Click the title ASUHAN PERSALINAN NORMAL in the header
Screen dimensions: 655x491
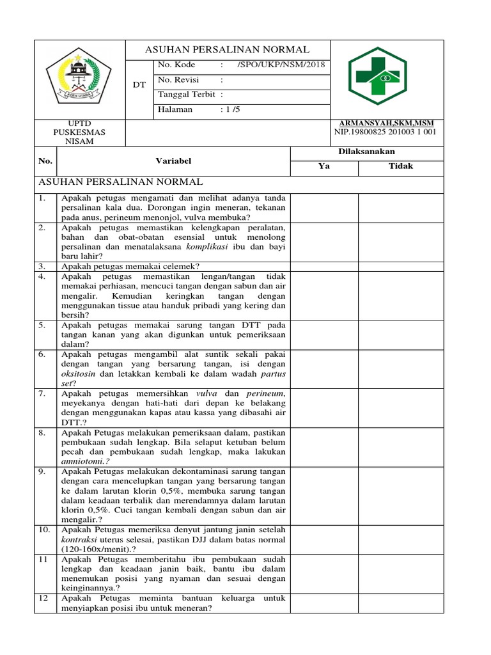(x=228, y=49)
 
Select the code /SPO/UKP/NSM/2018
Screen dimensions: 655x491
(x=281, y=65)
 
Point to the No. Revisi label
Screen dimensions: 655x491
(x=178, y=79)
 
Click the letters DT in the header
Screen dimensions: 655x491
(x=139, y=84)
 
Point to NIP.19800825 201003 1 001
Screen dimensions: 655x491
(x=385, y=132)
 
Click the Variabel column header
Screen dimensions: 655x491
(x=173, y=161)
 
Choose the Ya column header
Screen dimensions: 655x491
(x=323, y=166)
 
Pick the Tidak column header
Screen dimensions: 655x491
(x=400, y=166)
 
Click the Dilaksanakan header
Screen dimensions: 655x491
(x=366, y=152)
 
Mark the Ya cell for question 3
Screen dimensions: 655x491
(x=324, y=266)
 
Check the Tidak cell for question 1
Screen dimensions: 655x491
(x=400, y=207)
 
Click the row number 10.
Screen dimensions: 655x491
(x=45, y=530)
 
